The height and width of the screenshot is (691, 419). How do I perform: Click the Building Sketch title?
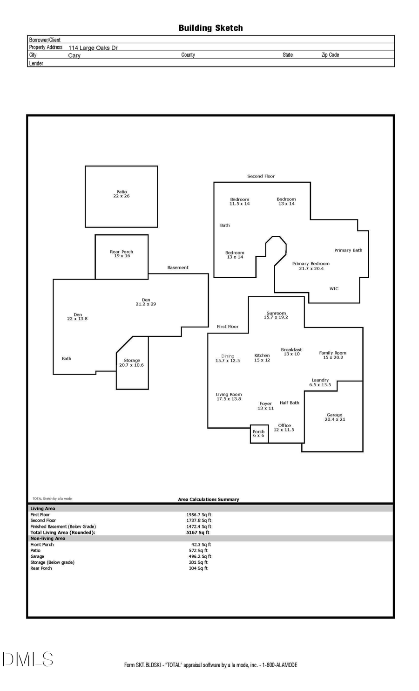click(210, 28)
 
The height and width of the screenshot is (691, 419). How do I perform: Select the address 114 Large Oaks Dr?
click(93, 48)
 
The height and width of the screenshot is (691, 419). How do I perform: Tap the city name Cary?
click(74, 55)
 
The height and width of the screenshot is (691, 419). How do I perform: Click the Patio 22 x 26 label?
click(122, 194)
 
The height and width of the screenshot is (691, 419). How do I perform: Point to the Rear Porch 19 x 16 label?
click(122, 254)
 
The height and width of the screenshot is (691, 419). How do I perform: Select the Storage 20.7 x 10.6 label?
click(132, 363)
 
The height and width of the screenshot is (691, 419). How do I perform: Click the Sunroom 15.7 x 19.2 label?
click(276, 315)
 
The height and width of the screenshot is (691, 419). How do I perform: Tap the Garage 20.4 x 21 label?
click(334, 417)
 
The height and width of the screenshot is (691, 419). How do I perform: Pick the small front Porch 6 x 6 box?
click(259, 434)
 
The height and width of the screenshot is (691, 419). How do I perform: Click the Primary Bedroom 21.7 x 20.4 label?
click(311, 266)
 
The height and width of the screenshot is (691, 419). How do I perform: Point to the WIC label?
click(334, 289)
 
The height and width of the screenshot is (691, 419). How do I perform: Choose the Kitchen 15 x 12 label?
click(262, 358)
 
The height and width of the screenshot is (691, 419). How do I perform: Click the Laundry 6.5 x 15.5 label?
click(320, 383)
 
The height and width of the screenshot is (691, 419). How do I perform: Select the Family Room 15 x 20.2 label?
click(333, 355)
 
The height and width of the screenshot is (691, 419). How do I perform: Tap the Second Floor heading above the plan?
click(261, 176)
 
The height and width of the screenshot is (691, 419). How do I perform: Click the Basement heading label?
click(178, 267)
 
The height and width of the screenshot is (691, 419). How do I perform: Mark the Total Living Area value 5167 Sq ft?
click(198, 533)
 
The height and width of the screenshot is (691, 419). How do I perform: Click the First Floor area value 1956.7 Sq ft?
click(199, 515)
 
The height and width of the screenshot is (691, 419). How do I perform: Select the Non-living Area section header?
click(48, 539)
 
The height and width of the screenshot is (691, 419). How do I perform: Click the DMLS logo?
click(28, 659)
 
